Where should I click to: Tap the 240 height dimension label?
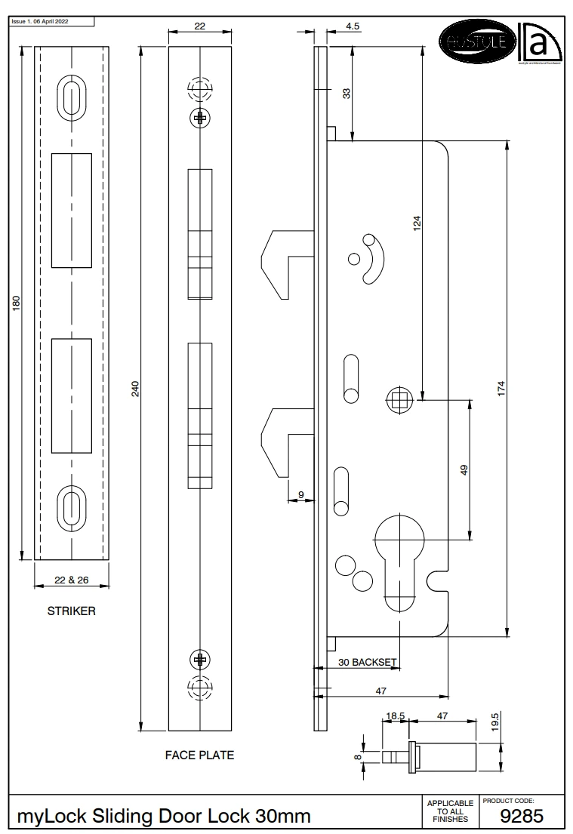click(x=137, y=388)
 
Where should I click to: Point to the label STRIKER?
click(x=72, y=611)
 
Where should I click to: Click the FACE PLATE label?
click(x=199, y=755)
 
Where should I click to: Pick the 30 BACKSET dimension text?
click(x=367, y=662)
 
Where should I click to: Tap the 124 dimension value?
click(x=417, y=223)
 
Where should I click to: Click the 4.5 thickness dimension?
click(x=353, y=26)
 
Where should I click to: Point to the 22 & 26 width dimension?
click(x=72, y=580)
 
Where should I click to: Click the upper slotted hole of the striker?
click(x=72, y=99)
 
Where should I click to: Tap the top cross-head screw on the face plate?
click(x=200, y=117)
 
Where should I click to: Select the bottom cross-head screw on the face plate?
click(x=200, y=660)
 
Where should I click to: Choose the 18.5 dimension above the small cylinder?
click(x=396, y=716)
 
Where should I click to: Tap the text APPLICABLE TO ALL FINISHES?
click(x=450, y=811)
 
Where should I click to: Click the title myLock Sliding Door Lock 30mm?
click(x=164, y=817)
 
